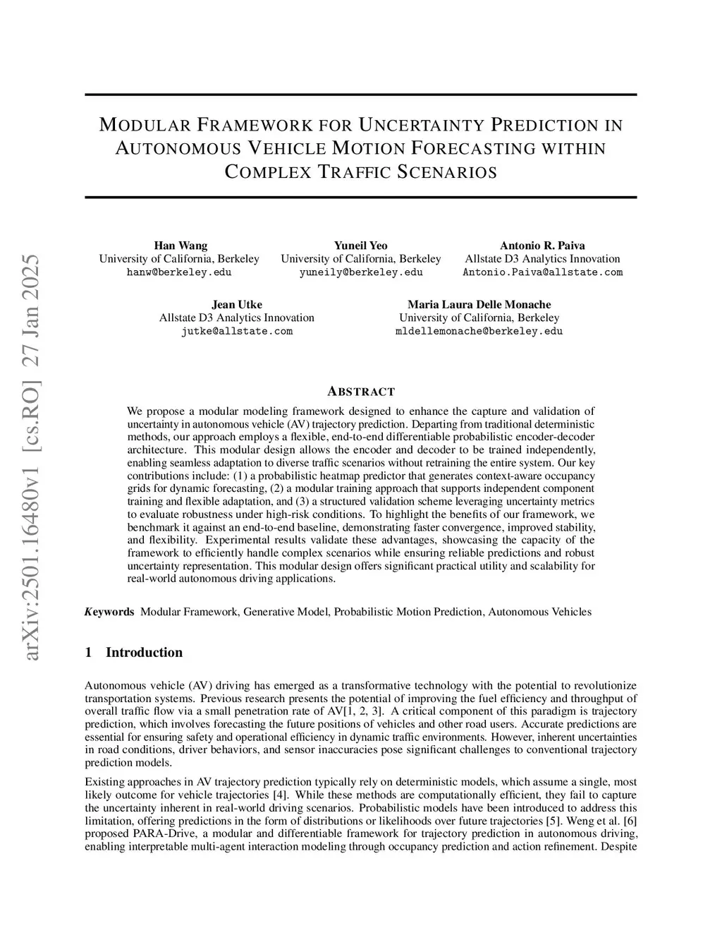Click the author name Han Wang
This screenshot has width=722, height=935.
click(180, 246)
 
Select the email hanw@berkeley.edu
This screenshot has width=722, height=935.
click(179, 272)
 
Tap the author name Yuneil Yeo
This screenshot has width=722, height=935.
click(360, 246)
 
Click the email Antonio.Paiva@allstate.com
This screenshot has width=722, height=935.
click(542, 272)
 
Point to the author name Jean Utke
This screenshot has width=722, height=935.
click(237, 304)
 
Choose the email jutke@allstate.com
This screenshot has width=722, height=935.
click(237, 331)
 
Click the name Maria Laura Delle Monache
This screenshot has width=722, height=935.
click(479, 304)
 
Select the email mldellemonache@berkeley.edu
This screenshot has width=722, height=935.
click(479, 331)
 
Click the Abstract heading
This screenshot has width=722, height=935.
click(361, 392)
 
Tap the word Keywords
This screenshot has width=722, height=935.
click(109, 612)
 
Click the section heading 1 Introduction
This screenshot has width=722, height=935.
click(133, 653)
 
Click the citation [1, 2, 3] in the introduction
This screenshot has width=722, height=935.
click(362, 711)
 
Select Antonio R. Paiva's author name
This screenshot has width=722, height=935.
click(542, 246)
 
